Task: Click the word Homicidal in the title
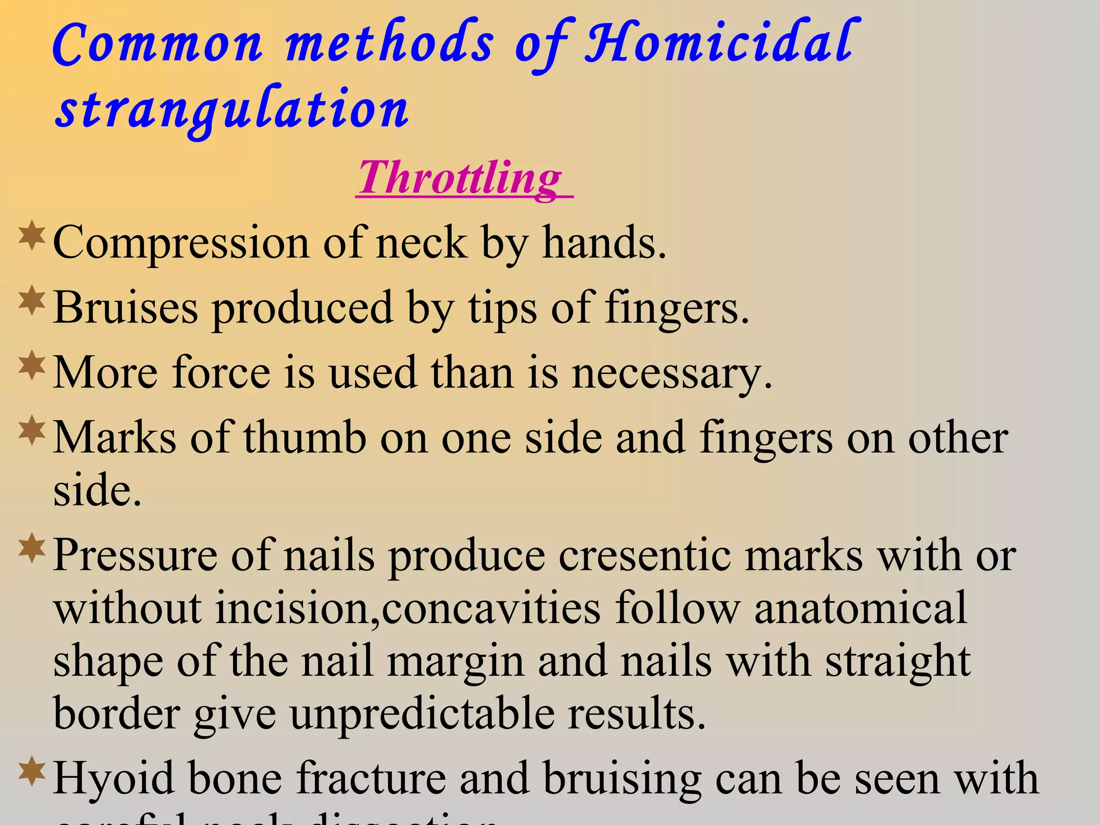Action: [720, 43]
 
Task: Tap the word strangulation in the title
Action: [232, 110]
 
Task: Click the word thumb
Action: [305, 438]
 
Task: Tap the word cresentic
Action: [645, 556]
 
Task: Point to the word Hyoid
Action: [114, 779]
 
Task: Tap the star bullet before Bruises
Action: [32, 300]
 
